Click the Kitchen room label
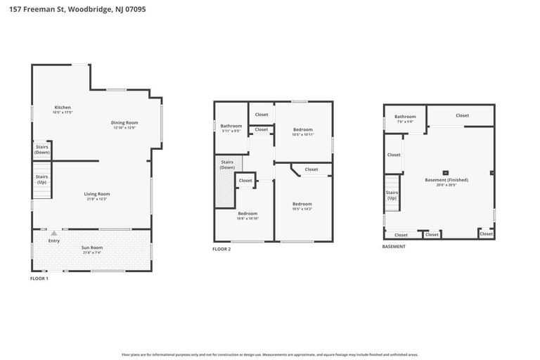62,108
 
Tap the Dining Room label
124,122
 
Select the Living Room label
97,194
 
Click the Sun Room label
91,247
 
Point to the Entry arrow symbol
54,233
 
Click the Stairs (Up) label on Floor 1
42,179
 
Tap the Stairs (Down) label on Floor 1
42,150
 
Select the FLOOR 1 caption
39,278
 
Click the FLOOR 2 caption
221,249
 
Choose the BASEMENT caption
394,247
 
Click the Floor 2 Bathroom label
231,126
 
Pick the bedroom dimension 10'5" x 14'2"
302,209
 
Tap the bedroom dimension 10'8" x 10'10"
247,219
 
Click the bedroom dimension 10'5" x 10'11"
303,134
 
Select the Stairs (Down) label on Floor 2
227,165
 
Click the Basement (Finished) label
446,180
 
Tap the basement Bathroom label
405,117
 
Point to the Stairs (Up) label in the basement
392,195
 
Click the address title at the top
77,9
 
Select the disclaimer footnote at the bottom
270,354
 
